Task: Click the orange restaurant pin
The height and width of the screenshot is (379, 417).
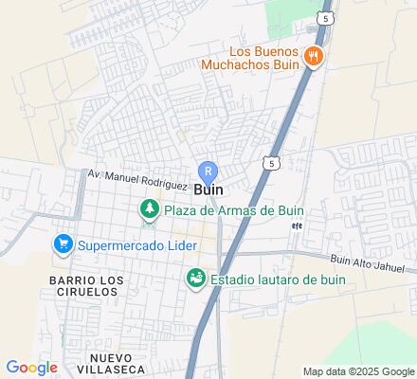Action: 315,57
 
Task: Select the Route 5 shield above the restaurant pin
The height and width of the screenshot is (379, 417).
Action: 326,18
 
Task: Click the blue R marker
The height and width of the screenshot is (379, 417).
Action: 209,171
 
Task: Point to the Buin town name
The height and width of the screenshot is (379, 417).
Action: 209,189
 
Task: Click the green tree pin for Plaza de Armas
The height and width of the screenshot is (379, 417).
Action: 149,209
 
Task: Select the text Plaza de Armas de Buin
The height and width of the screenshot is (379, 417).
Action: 232,210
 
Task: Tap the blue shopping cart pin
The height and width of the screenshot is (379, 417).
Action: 63,244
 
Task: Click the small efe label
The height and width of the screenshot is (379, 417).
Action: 297,226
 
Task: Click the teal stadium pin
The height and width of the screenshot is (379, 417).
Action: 195,280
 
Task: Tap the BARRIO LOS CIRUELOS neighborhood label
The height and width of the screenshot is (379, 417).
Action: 84,286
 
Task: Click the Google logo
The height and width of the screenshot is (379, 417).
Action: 32,367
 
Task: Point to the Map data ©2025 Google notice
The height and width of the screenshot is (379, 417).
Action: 358,370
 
